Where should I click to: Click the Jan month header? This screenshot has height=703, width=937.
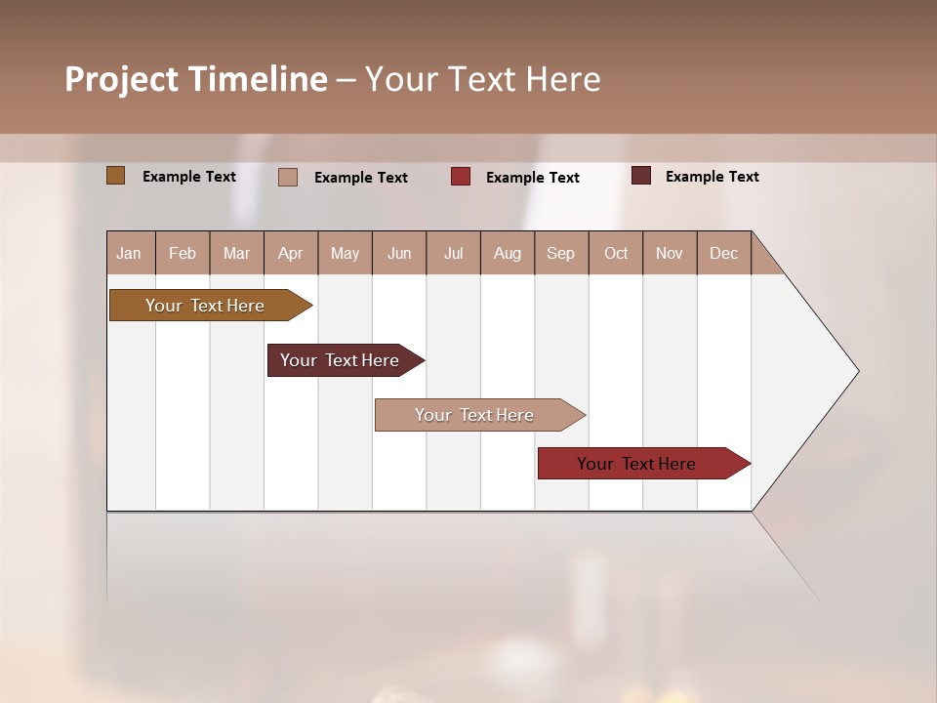click(x=130, y=253)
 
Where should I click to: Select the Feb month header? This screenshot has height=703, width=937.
click(x=183, y=253)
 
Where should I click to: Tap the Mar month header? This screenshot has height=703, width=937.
click(x=236, y=253)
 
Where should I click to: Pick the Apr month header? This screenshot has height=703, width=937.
click(x=291, y=253)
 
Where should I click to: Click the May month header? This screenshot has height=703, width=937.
click(x=345, y=253)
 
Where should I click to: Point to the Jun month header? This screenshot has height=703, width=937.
click(x=399, y=253)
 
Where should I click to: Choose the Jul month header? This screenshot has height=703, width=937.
click(x=453, y=253)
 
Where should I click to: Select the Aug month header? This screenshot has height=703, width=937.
click(x=508, y=253)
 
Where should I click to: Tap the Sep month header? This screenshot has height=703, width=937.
click(x=561, y=253)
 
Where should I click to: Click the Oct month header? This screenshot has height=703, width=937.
click(x=616, y=253)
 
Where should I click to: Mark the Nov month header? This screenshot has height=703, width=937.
click(x=670, y=253)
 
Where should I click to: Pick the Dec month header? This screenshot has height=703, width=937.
click(x=724, y=253)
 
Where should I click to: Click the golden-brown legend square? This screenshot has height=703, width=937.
click(x=116, y=176)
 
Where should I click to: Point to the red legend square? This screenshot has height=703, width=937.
click(x=461, y=177)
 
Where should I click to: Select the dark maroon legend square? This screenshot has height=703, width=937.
click(x=641, y=176)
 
